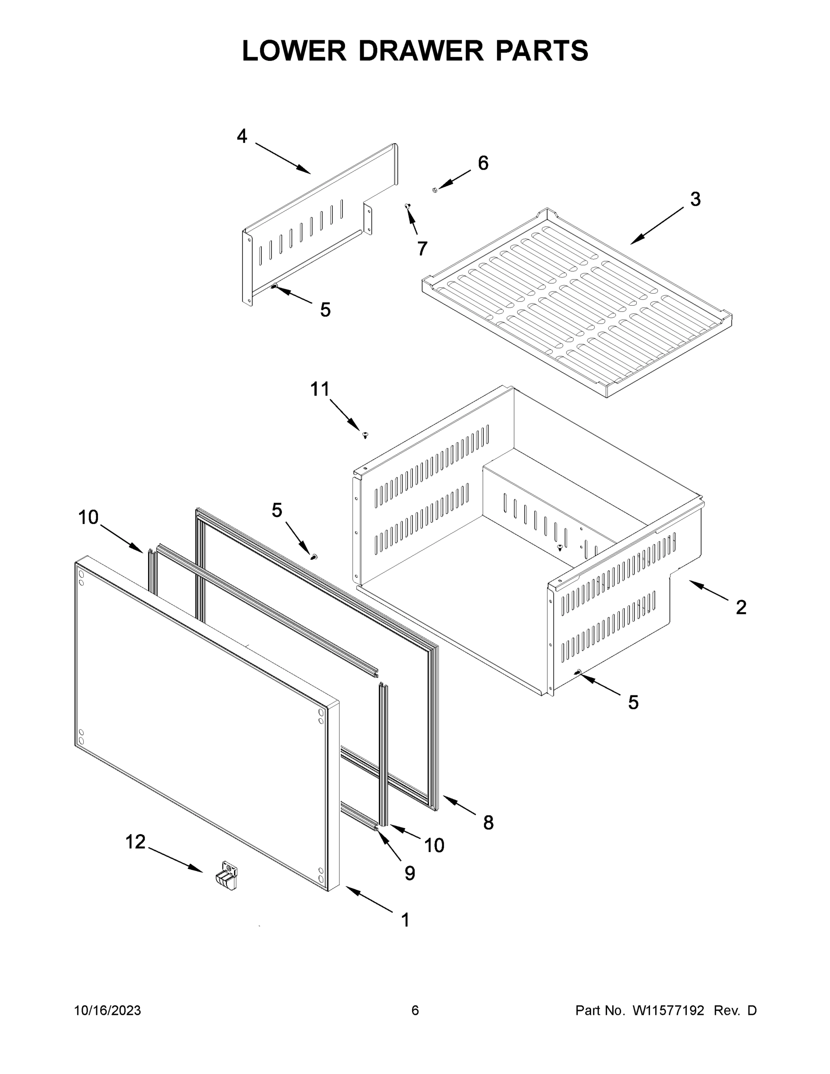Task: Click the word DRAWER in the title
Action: (x=421, y=51)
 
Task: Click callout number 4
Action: (x=242, y=136)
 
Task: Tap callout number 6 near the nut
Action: (x=483, y=163)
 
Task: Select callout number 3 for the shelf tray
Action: (x=695, y=199)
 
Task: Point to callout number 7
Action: (x=422, y=248)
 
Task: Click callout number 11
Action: (x=319, y=389)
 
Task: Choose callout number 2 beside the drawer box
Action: (x=741, y=607)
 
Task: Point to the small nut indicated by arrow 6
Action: (x=434, y=190)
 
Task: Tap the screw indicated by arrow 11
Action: (x=365, y=435)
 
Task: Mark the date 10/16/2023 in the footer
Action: (x=107, y=1010)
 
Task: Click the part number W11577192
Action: (x=668, y=1010)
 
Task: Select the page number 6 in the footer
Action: (x=415, y=1010)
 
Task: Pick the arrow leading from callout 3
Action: (x=656, y=225)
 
